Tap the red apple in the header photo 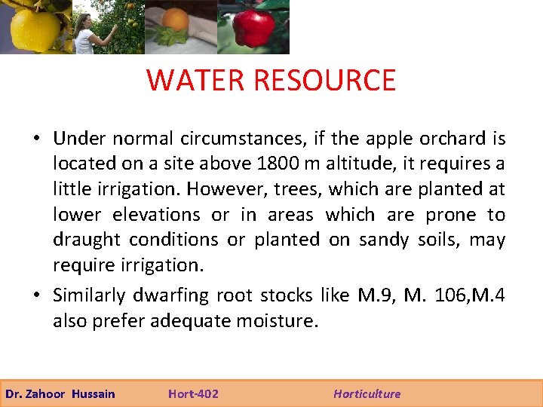(x=253, y=29)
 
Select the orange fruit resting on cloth (x=176, y=20)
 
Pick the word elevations (x=156, y=215)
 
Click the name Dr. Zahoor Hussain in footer (x=60, y=393)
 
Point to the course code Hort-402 (x=193, y=393)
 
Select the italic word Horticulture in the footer (x=367, y=393)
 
